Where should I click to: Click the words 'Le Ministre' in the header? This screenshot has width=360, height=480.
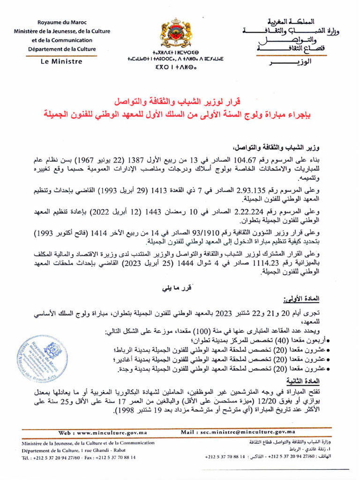coord(61,61)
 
